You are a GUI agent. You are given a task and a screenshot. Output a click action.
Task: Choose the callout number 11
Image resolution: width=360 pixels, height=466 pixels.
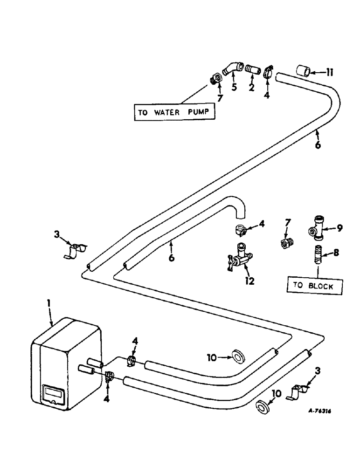click(330, 73)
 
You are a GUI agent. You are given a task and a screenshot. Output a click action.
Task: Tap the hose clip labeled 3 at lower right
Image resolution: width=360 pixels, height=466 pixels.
click(296, 392)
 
